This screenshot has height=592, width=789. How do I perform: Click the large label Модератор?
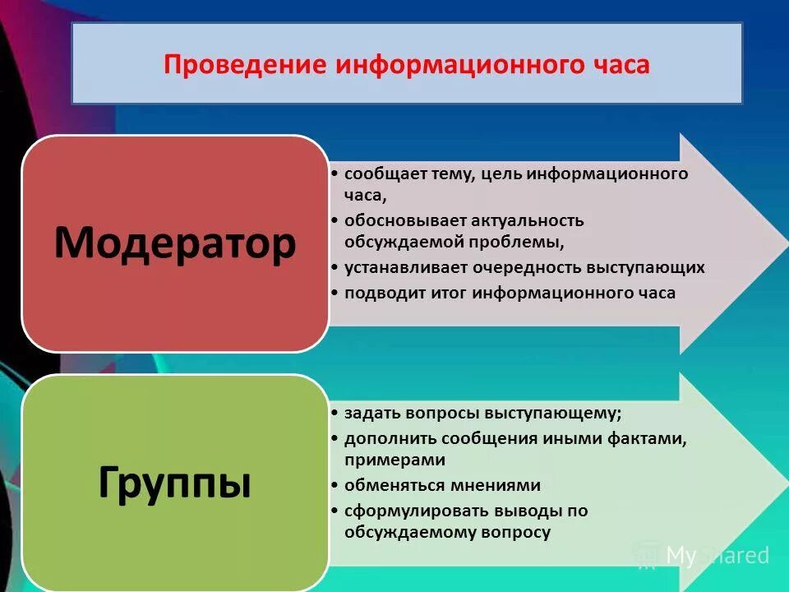[174, 243]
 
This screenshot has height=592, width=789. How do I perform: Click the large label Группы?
[174, 483]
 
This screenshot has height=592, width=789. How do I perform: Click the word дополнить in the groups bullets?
[384, 438]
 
